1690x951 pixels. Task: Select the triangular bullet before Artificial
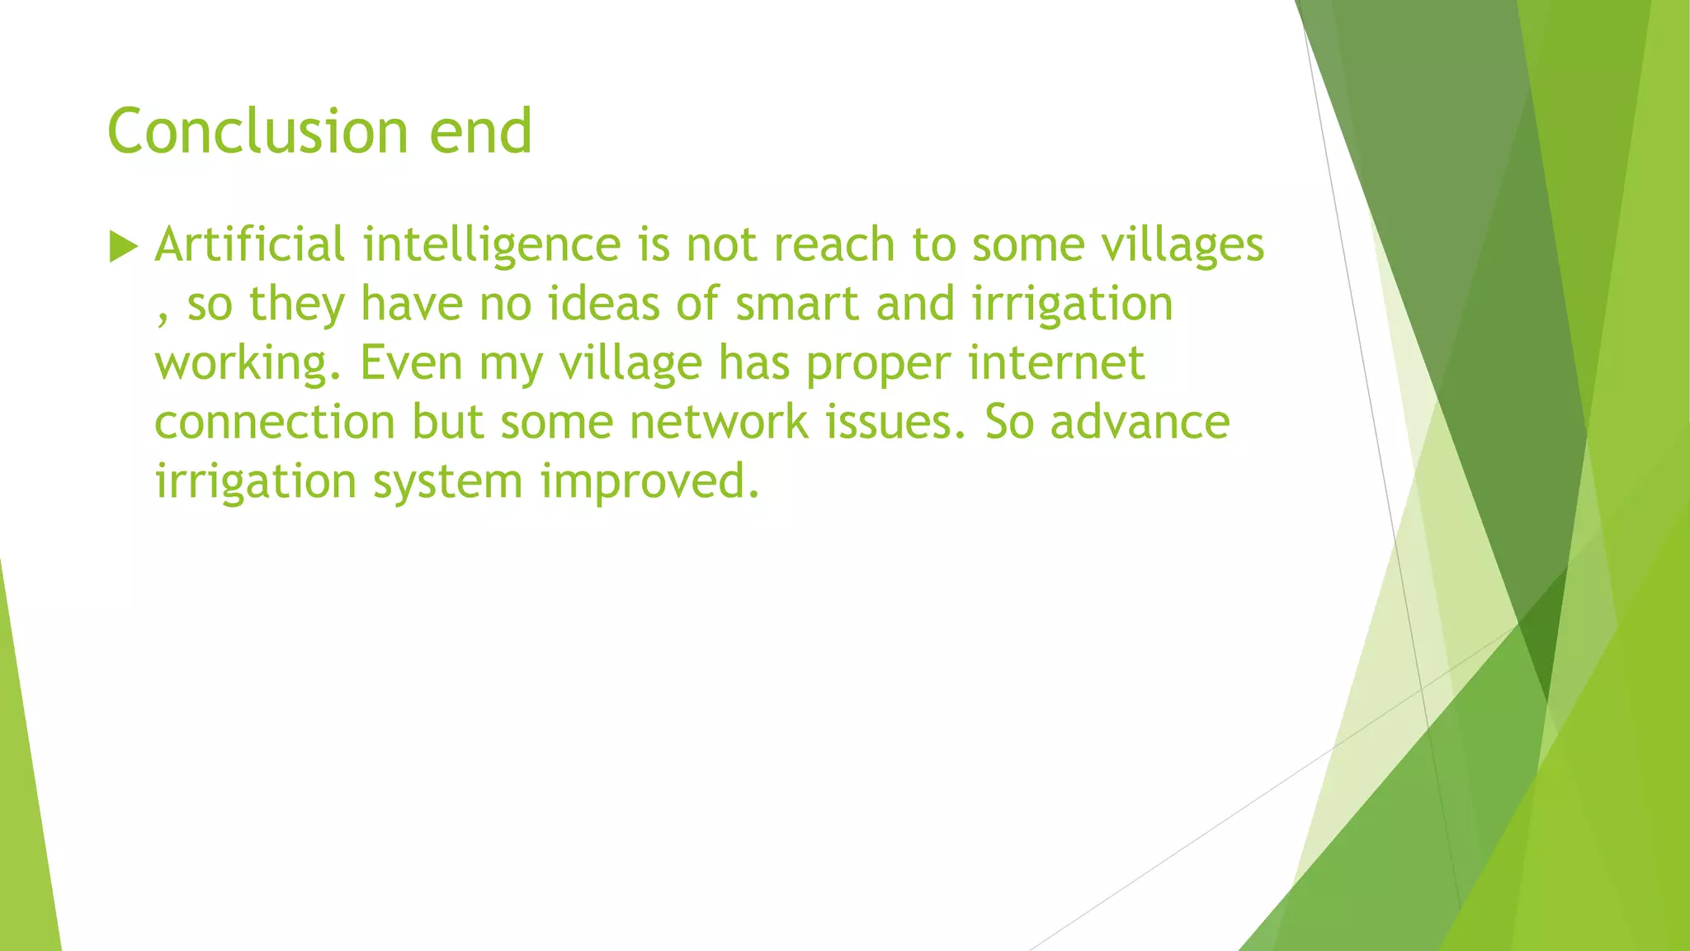click(122, 246)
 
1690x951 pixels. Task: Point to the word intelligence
click(491, 246)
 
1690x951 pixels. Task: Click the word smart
click(797, 304)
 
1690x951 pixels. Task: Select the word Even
click(411, 362)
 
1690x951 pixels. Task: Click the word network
click(719, 422)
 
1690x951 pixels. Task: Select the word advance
click(1140, 422)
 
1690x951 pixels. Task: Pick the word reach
click(834, 245)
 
